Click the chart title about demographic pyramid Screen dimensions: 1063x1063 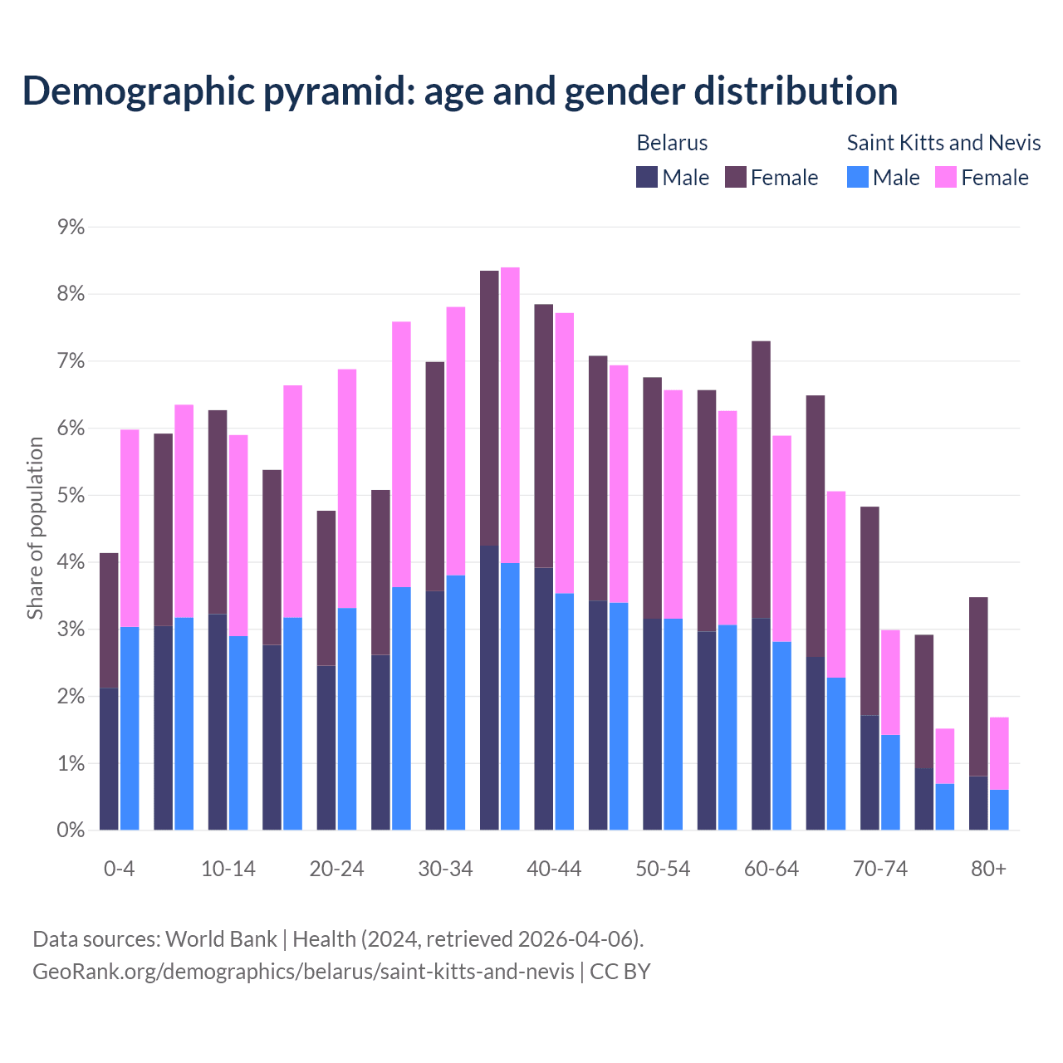(459, 91)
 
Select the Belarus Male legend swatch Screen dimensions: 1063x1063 (647, 177)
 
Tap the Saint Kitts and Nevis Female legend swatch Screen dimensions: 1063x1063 (945, 177)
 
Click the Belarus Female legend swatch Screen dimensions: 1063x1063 (735, 177)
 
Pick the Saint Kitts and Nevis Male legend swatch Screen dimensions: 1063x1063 (857, 177)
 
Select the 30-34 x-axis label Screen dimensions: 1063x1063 (445, 869)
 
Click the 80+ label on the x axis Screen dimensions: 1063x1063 (988, 869)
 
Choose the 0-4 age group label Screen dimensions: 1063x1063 (119, 869)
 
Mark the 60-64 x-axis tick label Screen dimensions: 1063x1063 (772, 869)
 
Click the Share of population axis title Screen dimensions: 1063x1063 (35, 528)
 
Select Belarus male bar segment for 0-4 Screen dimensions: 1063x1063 (109, 758)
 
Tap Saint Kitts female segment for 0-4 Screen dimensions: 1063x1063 (130, 528)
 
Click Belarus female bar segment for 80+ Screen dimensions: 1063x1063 (978, 686)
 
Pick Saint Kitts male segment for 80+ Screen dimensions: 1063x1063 (999, 810)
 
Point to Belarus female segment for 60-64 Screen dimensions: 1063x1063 (761, 479)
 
